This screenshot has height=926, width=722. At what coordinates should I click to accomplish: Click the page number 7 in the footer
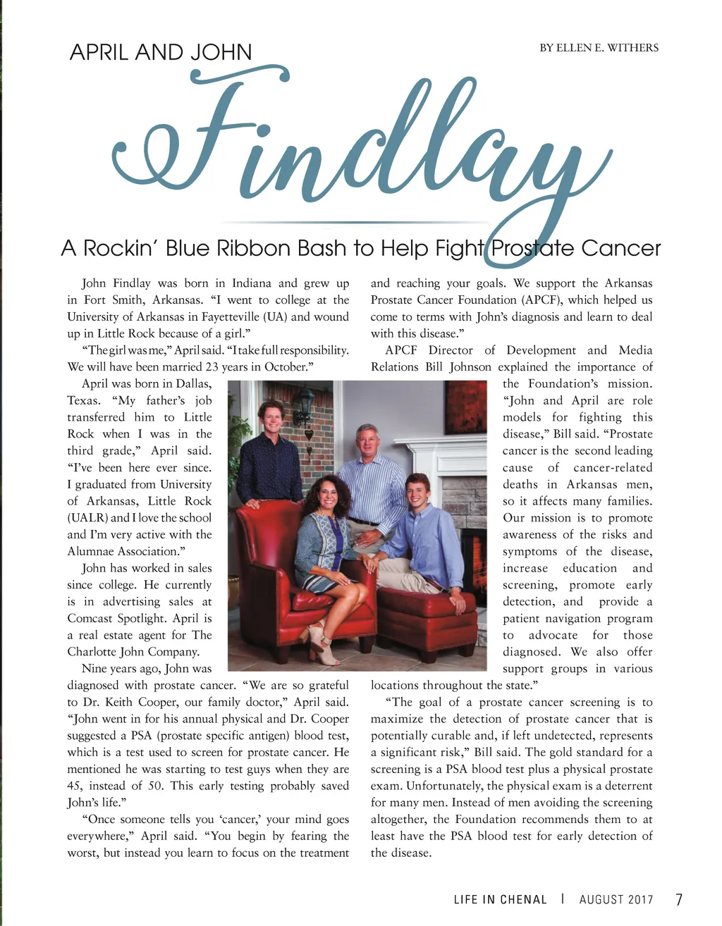tap(679, 899)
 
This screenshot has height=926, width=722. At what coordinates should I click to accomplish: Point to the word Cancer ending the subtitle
tap(621, 248)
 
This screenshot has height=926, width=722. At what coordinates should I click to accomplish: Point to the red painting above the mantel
tap(465, 407)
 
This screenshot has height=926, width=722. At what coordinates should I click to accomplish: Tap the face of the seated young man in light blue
tap(418, 490)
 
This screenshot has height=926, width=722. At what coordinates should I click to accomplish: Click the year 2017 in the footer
tap(640, 900)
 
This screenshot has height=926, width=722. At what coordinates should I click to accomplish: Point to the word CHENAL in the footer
tap(523, 900)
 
